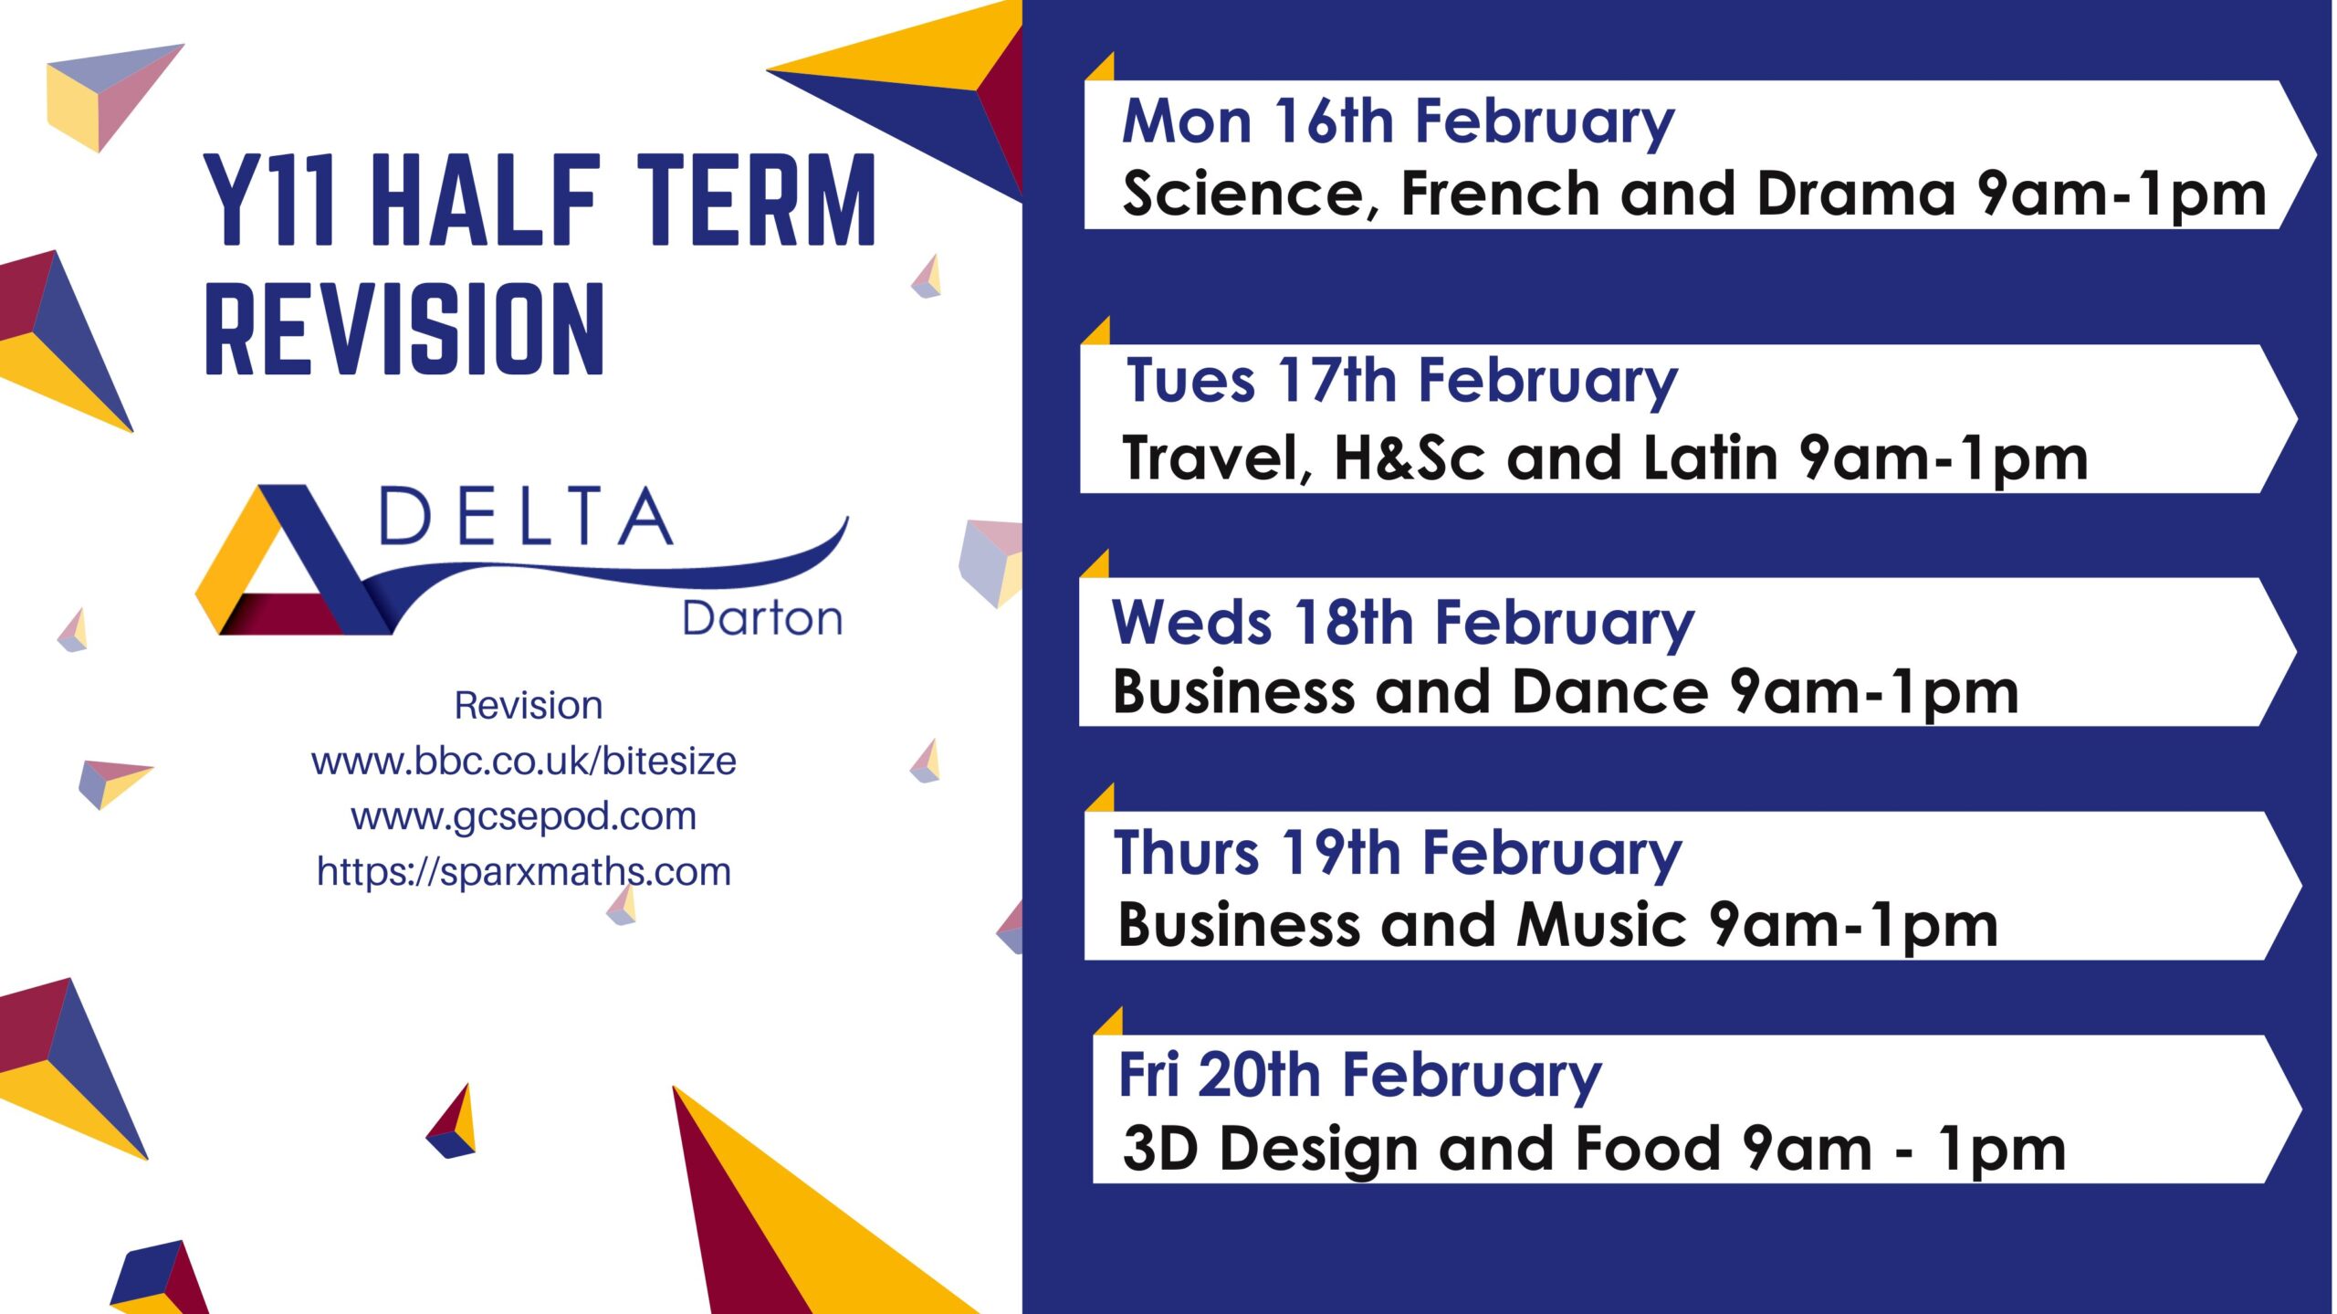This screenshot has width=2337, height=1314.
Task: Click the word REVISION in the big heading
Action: click(x=404, y=329)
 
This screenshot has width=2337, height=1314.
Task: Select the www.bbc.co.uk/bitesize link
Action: click(x=524, y=761)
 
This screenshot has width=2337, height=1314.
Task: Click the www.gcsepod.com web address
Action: click(x=524, y=816)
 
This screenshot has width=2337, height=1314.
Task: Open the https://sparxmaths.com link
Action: click(x=524, y=872)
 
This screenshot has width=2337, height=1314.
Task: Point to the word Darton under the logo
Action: click(x=762, y=618)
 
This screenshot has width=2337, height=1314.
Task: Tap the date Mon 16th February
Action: click(x=1399, y=121)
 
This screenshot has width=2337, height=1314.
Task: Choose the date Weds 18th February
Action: click(x=1403, y=624)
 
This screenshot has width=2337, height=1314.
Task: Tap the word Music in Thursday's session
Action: click(x=1601, y=924)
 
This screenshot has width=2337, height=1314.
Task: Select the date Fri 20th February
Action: click(x=1360, y=1076)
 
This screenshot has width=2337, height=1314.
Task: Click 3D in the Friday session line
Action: click(x=1160, y=1148)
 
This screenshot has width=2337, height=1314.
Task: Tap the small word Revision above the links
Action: click(x=529, y=705)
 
